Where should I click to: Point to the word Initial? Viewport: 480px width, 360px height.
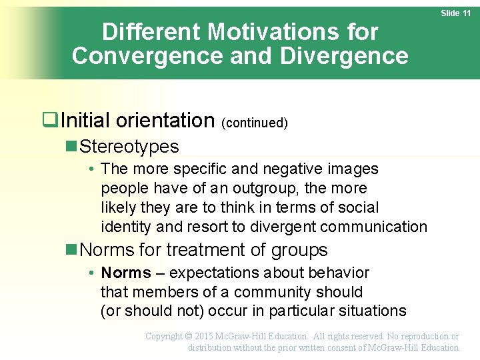tap(84, 121)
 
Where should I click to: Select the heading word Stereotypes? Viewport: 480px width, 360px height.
tap(129, 147)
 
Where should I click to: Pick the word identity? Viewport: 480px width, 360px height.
tap(126, 227)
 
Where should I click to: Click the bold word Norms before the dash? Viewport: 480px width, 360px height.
tap(126, 273)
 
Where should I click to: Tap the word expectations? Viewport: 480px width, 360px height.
tap(216, 273)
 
